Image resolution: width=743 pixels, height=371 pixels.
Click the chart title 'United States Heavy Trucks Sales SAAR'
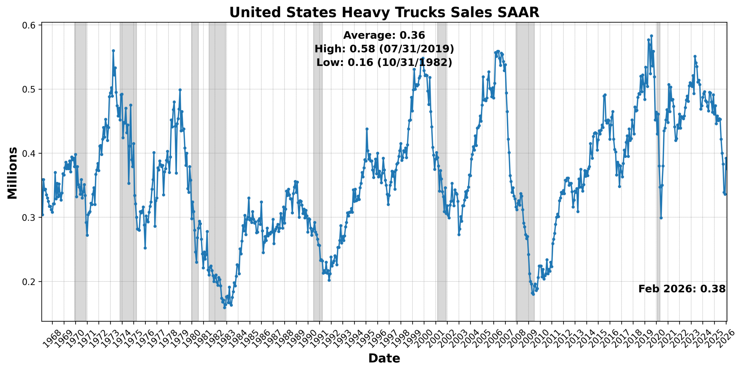tap(384, 12)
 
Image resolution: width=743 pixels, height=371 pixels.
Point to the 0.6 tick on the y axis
tap(29, 25)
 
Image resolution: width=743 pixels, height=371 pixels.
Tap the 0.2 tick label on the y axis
tap(29, 282)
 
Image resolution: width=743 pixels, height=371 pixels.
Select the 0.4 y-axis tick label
tap(29, 153)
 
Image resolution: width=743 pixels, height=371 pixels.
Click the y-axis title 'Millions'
tap(12, 173)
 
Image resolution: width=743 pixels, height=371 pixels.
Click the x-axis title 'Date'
tap(384, 358)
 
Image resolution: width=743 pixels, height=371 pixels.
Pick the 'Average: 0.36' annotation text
tap(384, 35)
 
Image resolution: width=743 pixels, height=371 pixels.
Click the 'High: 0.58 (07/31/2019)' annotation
tap(384, 49)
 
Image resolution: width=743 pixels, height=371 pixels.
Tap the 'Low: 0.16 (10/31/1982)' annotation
tap(384, 62)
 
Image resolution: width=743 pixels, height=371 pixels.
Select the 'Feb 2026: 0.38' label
tap(682, 289)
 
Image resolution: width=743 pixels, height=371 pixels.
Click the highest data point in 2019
tap(651, 36)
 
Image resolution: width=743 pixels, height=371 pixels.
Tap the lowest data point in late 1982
tap(224, 307)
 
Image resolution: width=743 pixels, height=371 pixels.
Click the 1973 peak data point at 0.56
tap(113, 51)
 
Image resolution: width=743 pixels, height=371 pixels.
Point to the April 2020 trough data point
tap(661, 218)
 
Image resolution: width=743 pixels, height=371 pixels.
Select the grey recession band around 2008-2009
tap(525, 171)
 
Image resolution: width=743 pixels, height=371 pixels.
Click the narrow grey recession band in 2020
tap(658, 171)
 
